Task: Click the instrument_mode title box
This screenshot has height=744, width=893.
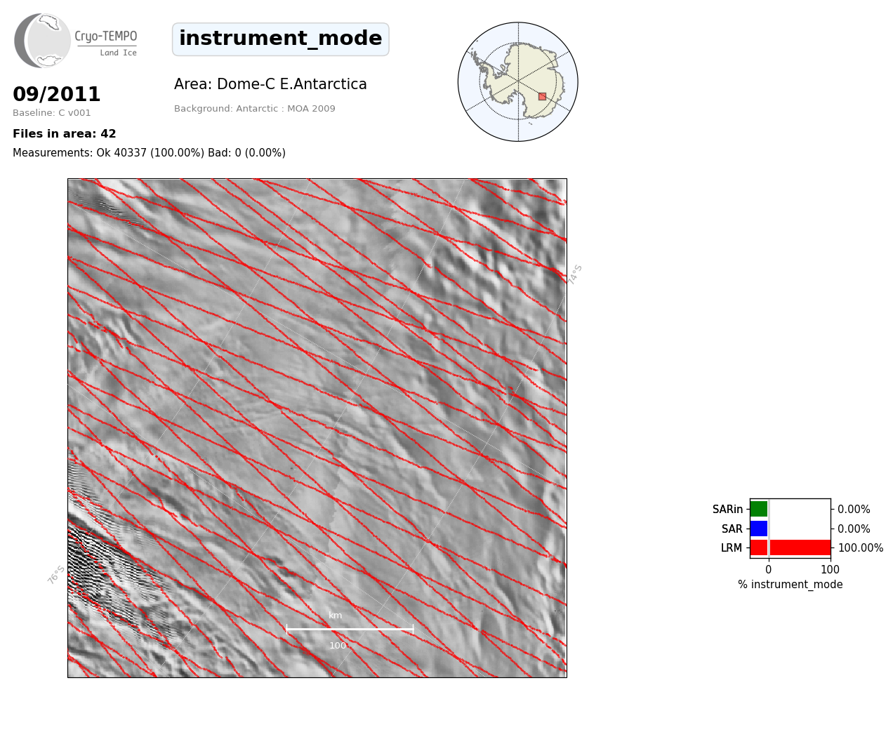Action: coord(281,39)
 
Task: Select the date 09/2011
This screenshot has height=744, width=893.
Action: coord(56,94)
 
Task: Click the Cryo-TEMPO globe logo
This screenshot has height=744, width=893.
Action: coord(42,40)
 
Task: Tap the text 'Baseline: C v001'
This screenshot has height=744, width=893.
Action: coord(52,113)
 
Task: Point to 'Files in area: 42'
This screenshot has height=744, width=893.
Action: coord(64,134)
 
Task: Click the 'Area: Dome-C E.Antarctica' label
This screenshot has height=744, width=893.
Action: coord(270,84)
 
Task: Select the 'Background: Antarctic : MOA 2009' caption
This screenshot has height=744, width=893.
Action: coord(254,109)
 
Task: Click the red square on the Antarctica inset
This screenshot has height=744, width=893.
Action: coord(542,97)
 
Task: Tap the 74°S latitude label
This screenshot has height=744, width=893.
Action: coord(575,274)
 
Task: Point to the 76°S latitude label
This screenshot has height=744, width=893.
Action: coord(56,575)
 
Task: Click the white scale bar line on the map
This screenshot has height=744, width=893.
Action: coord(350,629)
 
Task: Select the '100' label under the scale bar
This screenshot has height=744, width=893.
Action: coord(338,646)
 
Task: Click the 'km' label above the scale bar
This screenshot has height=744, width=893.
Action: coord(336,616)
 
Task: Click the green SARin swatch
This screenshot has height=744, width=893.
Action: coord(759,509)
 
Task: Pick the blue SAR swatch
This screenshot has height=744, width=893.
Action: coord(759,529)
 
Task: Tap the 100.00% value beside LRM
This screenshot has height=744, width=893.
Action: coord(861,547)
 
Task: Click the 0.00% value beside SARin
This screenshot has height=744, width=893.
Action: coord(854,510)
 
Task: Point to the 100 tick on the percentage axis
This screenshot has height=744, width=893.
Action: coord(830,569)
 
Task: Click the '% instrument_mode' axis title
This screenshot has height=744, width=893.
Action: coord(791,585)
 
